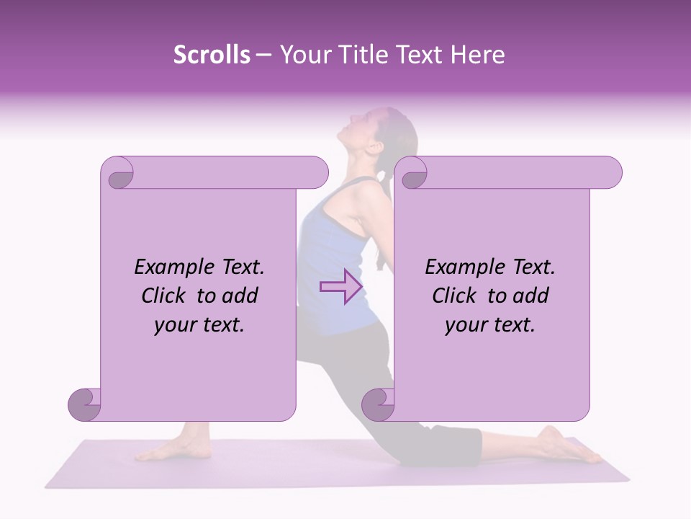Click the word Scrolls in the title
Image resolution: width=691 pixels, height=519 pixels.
pyautogui.click(x=212, y=55)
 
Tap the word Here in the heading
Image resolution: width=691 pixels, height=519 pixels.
pyautogui.click(x=479, y=55)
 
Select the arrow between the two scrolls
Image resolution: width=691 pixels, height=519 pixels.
pyautogui.click(x=340, y=287)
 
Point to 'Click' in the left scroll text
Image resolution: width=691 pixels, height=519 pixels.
pyautogui.click(x=166, y=296)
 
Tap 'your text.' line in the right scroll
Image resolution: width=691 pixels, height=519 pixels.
pyautogui.click(x=490, y=325)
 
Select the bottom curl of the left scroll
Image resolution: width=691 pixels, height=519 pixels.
pyautogui.click(x=85, y=404)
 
